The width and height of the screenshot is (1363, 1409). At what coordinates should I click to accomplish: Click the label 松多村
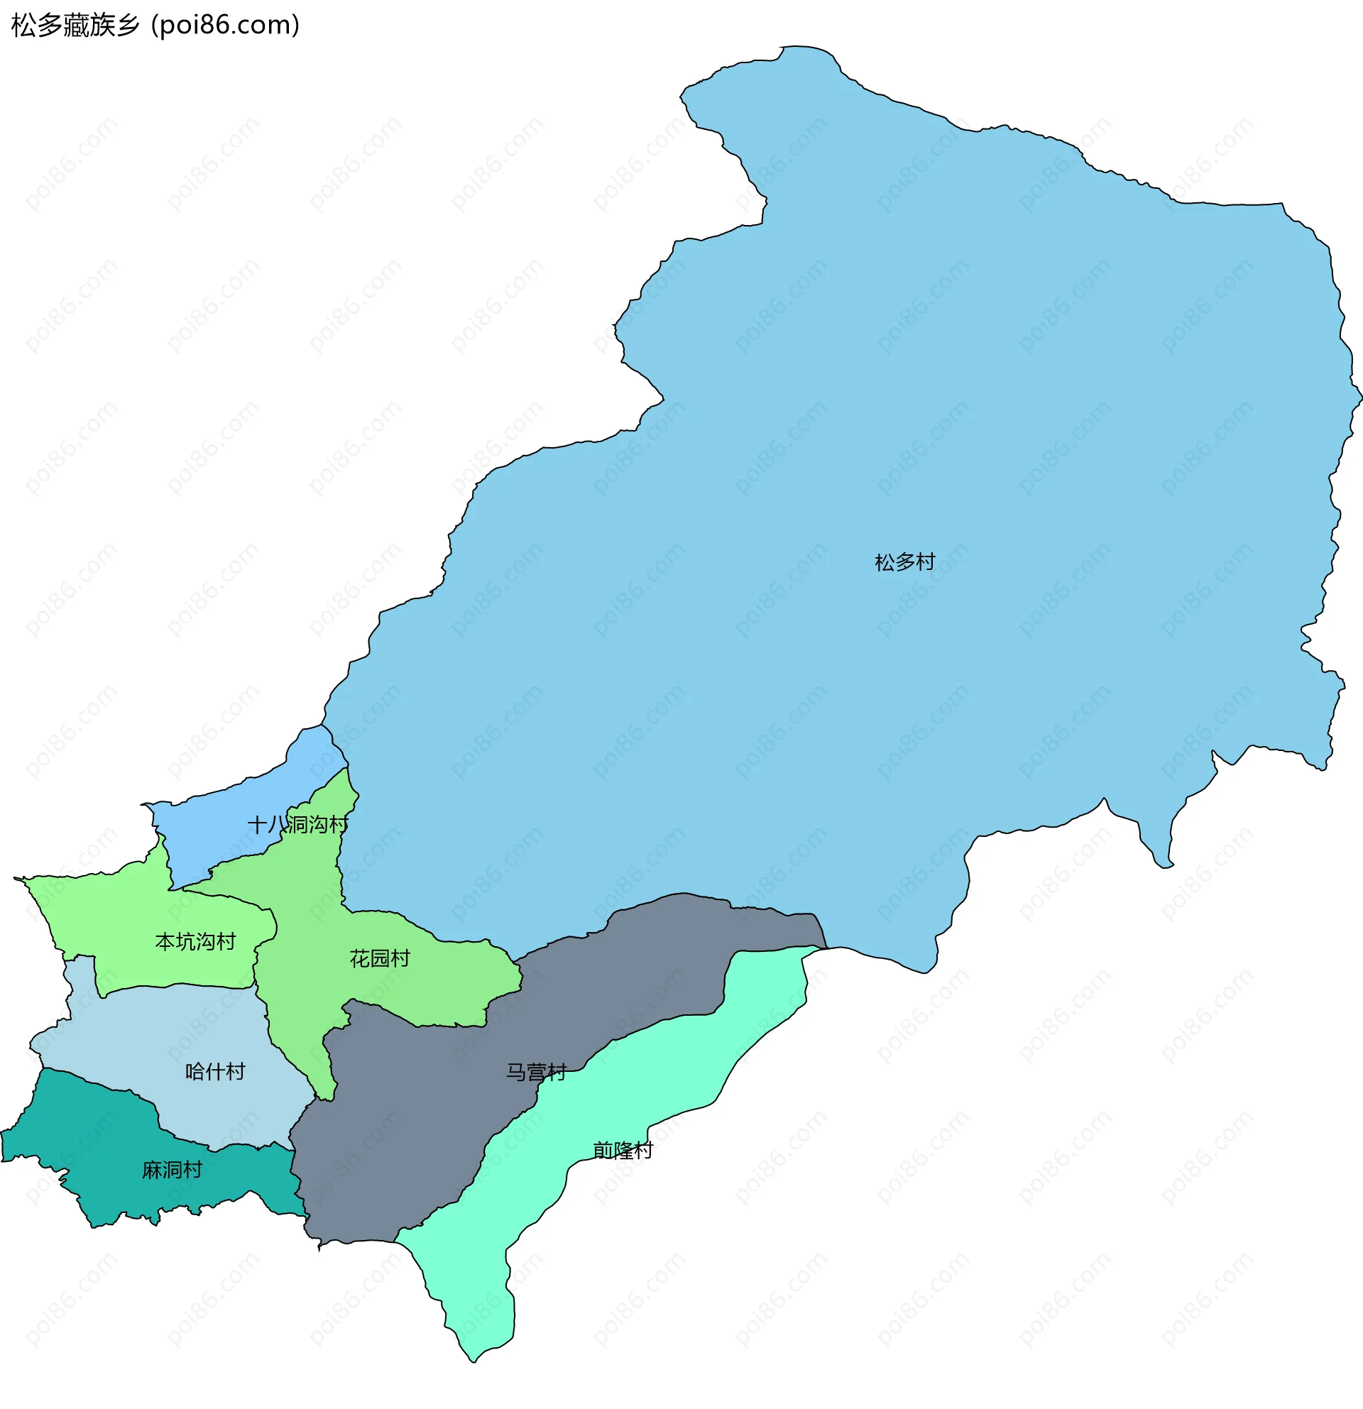tap(904, 562)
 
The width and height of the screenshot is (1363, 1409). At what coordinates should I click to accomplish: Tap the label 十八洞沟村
tap(297, 825)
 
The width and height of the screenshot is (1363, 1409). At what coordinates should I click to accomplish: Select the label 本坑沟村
tap(195, 942)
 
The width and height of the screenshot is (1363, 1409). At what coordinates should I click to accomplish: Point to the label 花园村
tap(380, 958)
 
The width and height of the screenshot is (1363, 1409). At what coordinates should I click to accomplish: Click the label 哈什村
tap(215, 1072)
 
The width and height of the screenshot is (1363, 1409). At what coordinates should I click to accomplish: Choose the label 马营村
tap(536, 1073)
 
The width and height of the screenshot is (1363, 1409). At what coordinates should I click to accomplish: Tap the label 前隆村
tap(623, 1151)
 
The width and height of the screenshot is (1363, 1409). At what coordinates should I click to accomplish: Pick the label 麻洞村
tap(172, 1170)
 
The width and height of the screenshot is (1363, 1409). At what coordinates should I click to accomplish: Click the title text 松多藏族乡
tap(75, 25)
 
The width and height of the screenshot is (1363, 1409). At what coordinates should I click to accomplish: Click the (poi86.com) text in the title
tap(226, 25)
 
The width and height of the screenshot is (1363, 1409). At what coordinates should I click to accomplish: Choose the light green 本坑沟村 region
tap(129, 920)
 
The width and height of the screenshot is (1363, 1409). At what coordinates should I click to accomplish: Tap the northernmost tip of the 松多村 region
tap(791, 48)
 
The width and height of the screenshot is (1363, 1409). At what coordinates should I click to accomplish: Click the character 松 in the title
tap(21, 25)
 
